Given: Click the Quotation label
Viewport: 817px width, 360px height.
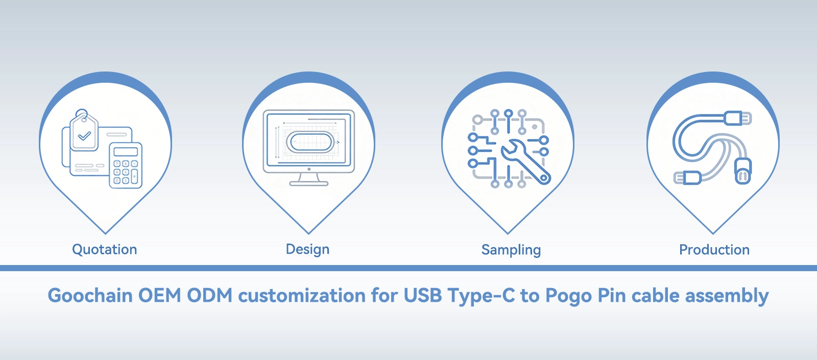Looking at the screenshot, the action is coord(104,250).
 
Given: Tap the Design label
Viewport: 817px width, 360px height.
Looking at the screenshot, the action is coord(307,250).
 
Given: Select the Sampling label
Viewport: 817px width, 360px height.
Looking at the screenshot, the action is coord(511,250).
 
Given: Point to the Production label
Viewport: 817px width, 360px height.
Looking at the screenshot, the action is coord(714,250).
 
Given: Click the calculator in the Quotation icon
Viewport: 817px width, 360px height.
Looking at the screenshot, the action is coord(126,165).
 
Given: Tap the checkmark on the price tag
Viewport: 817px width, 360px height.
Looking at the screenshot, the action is coord(85,136).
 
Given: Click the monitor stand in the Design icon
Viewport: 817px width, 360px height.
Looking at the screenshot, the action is coord(309,179).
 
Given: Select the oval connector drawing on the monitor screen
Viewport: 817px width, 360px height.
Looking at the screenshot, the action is coord(310,142).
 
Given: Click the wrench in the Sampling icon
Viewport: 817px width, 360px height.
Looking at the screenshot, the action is coord(525,161).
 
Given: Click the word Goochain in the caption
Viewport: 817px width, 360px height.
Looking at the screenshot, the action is coord(90,295).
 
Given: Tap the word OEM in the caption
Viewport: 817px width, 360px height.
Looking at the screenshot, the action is coord(160,295).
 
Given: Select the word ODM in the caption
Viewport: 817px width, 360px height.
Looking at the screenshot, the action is coord(210,295).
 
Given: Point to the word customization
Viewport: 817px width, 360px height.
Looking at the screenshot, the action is coord(302,295).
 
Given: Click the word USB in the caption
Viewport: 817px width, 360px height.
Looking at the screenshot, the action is coord(423,295).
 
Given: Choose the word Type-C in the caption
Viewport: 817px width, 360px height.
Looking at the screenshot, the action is coord(481,296).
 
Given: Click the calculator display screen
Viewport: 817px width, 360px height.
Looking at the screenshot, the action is coord(126,151).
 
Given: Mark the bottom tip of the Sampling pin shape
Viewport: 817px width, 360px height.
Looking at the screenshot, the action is coord(508,233).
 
